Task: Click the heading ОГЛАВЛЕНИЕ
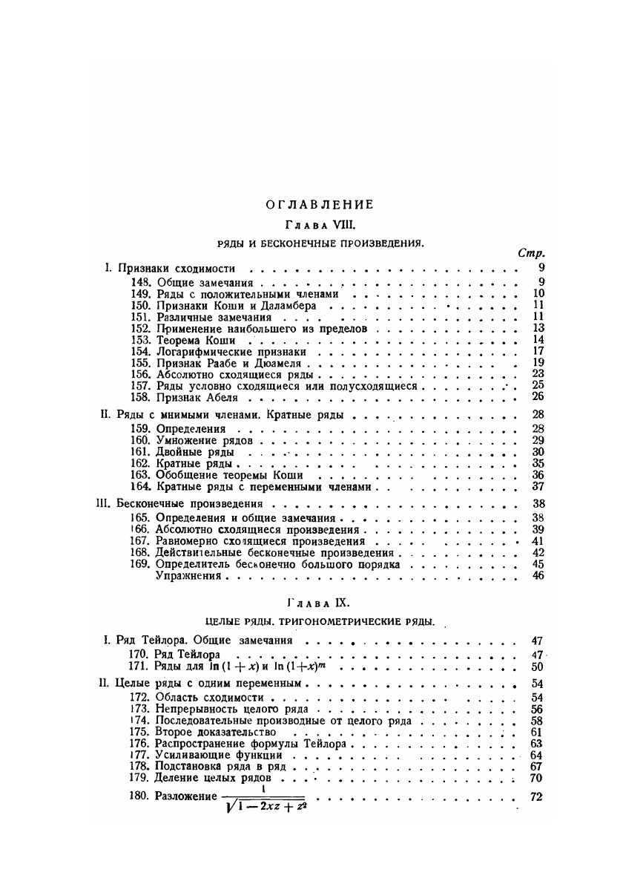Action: [311, 204]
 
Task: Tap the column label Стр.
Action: [531, 254]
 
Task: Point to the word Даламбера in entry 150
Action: [271, 304]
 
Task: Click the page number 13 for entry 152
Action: [539, 328]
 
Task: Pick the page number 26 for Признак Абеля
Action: [539, 397]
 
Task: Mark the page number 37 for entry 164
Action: [539, 487]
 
